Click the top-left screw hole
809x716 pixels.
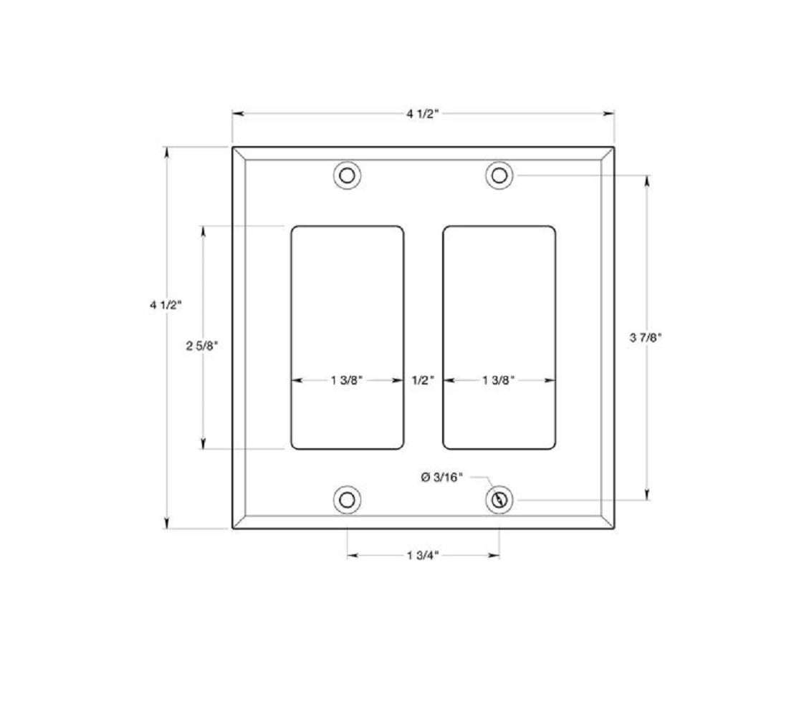(x=348, y=175)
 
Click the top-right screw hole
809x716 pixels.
(x=499, y=175)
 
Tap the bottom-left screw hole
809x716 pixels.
(x=348, y=500)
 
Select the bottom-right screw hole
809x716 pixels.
(x=499, y=500)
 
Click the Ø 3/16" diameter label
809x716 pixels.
(x=442, y=476)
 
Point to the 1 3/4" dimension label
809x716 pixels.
(x=423, y=555)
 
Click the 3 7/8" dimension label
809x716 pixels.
(x=646, y=337)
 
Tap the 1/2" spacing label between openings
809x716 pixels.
(x=423, y=381)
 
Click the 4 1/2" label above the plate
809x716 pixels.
(x=423, y=113)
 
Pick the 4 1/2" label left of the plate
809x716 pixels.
(x=166, y=304)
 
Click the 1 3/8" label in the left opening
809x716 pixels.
(x=348, y=381)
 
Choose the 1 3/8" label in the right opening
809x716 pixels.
(x=499, y=381)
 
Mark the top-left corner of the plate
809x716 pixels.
(x=233, y=147)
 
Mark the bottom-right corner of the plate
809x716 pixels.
(x=614, y=529)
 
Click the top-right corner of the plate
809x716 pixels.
(x=614, y=147)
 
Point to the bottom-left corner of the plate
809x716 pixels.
(x=233, y=529)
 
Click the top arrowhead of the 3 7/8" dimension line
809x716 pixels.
(x=648, y=180)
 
